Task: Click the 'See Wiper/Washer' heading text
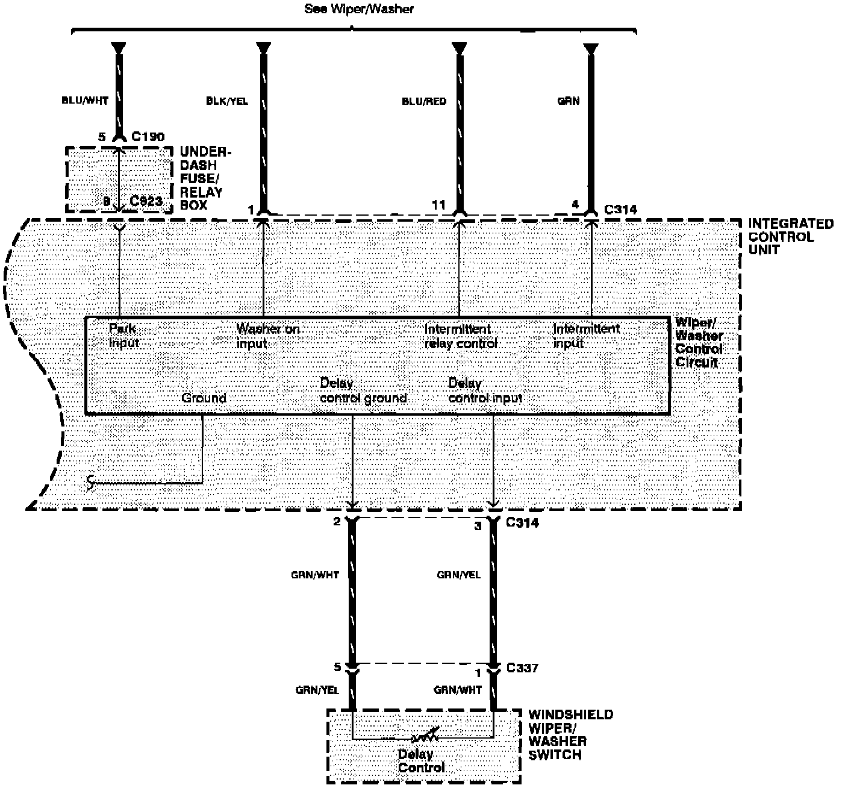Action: [359, 9]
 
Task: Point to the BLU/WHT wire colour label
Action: [85, 101]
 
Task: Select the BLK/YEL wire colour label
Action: [226, 101]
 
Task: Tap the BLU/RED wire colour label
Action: [424, 101]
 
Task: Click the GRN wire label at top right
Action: [569, 101]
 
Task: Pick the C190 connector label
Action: [148, 137]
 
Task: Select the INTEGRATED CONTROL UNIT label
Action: [790, 237]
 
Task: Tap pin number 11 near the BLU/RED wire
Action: [438, 205]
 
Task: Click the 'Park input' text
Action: [123, 336]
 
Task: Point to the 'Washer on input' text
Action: [267, 336]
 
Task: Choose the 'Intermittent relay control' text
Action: [461, 336]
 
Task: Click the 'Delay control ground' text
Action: [363, 390]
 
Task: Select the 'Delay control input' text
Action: [485, 390]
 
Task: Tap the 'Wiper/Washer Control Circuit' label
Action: [699, 342]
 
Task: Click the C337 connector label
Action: [522, 668]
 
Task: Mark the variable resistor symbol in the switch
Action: [424, 737]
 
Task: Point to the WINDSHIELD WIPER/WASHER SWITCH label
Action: [570, 734]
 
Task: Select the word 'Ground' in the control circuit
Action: [204, 398]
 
